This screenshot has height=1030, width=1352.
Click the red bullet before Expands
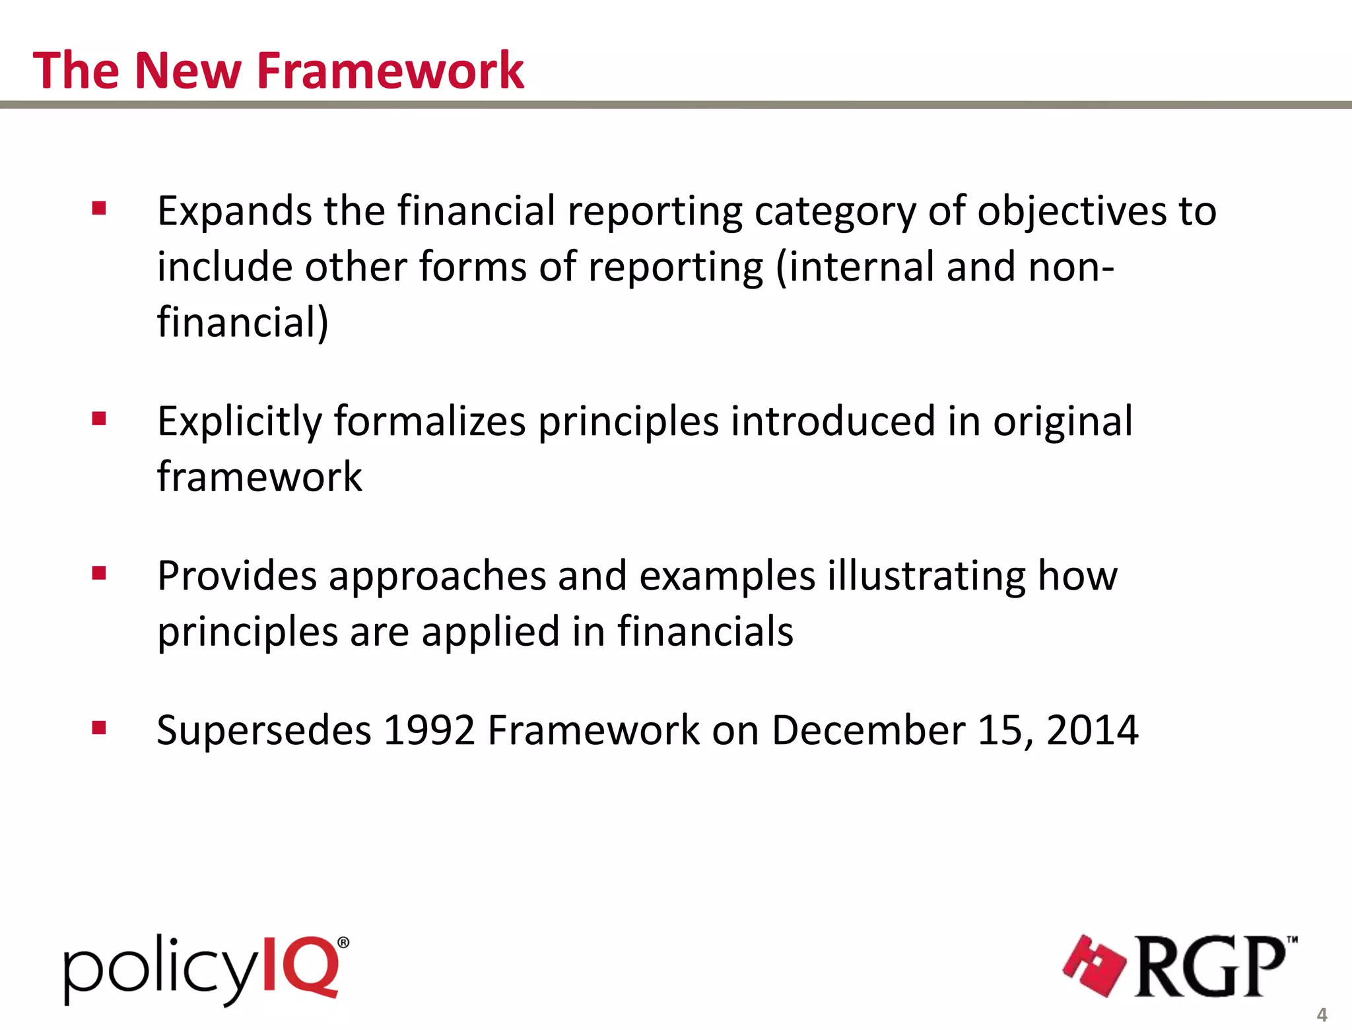click(x=100, y=209)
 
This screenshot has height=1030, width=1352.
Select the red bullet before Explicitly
click(x=100, y=419)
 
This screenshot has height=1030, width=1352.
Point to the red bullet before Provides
click(x=100, y=573)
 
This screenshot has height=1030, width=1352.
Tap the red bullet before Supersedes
click(x=100, y=728)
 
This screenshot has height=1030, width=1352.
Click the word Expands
click(x=234, y=212)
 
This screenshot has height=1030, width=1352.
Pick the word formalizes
click(x=429, y=421)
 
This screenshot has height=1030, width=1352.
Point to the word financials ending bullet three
click(x=704, y=631)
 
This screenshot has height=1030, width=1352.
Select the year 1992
click(x=429, y=731)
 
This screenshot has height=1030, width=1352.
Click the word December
click(x=868, y=731)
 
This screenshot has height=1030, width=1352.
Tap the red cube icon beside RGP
click(x=1094, y=966)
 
